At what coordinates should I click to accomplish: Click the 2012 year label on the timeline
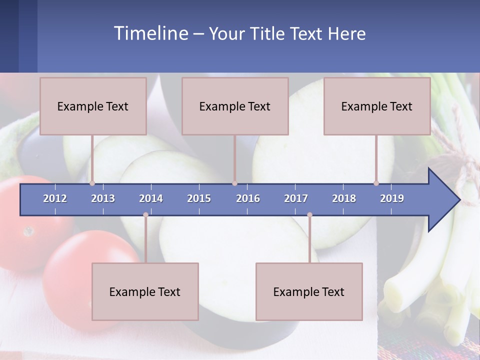(x=55, y=198)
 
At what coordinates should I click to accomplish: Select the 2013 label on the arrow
(x=103, y=198)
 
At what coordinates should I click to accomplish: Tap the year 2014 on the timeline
(x=151, y=198)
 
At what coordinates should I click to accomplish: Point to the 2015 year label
(x=199, y=198)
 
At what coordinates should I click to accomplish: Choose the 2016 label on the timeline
(x=248, y=198)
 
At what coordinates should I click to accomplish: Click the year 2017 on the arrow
(x=296, y=198)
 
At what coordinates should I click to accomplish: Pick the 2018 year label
(x=344, y=198)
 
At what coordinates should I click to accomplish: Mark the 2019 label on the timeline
(x=392, y=198)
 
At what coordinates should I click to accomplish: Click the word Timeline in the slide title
(x=150, y=33)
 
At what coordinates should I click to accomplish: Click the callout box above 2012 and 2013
(x=93, y=106)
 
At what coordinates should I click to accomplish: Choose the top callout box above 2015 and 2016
(x=235, y=106)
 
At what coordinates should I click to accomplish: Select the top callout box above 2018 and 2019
(x=377, y=106)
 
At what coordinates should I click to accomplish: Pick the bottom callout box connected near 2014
(x=145, y=291)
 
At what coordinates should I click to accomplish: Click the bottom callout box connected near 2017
(x=309, y=291)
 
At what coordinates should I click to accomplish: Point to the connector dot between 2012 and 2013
(x=92, y=183)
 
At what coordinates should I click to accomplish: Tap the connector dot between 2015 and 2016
(x=235, y=183)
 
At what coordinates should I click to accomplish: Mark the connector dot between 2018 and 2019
(x=376, y=183)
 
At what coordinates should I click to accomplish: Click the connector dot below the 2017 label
(x=309, y=215)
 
